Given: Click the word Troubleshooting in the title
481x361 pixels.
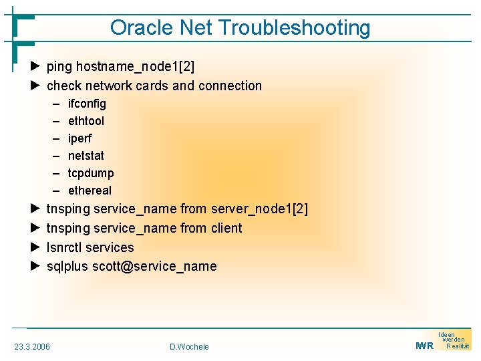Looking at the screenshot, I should click(x=294, y=28).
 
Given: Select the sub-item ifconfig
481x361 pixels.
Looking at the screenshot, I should click(x=87, y=104).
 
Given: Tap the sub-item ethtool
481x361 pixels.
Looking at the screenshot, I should click(x=86, y=121).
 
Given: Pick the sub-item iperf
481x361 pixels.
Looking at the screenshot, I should click(x=80, y=138).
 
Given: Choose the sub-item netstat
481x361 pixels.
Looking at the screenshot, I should click(x=86, y=156).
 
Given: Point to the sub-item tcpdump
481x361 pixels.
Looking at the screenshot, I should click(x=91, y=173).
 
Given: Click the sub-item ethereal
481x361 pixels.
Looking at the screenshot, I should click(x=90, y=191).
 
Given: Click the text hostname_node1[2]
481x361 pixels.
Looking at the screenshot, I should click(x=136, y=66).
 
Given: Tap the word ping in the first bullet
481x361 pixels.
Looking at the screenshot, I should click(x=59, y=67).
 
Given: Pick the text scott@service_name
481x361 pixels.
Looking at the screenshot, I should click(x=154, y=266).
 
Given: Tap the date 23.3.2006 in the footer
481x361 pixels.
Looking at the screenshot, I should click(x=32, y=346).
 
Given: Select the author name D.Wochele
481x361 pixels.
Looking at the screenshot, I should click(x=189, y=346).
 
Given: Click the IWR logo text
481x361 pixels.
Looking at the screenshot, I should click(x=424, y=346).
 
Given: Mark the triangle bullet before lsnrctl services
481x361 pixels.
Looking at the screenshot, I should click(x=36, y=247).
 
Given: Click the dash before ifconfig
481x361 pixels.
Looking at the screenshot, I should click(x=54, y=104).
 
